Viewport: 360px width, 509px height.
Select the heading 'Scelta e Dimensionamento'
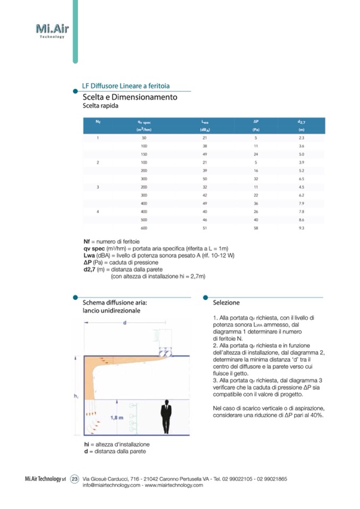pos(130,97)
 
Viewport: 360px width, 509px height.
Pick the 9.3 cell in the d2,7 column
pos(301,228)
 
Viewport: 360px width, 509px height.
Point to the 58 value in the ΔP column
pos(256,228)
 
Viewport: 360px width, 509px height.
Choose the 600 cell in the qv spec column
pos(144,228)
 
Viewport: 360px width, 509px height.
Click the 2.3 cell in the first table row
pos(301,137)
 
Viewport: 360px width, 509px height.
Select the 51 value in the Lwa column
pos(204,228)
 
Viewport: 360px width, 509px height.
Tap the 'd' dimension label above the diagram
pos(124,323)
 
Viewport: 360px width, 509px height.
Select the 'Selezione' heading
pos(226,303)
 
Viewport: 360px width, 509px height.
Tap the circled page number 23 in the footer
pos(74,479)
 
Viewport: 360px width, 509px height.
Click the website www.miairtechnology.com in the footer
pos(174,485)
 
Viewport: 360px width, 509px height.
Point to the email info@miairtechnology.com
pos(112,485)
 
